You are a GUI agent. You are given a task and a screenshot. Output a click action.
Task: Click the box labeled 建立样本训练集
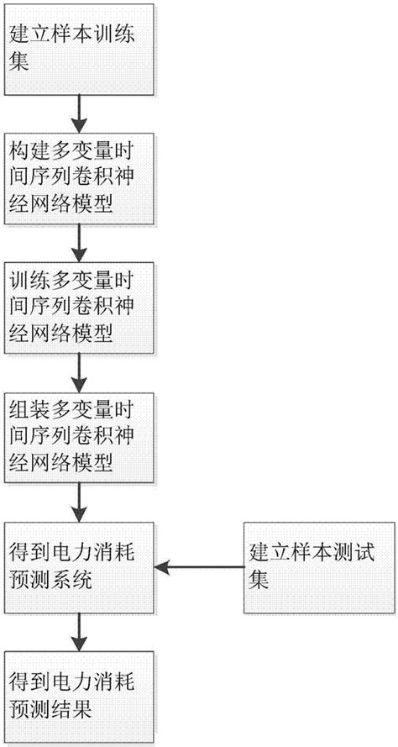pos(79,50)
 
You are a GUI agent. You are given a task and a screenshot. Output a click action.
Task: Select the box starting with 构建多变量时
pos(79,178)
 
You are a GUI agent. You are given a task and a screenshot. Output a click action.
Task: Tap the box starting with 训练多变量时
pos(79,307)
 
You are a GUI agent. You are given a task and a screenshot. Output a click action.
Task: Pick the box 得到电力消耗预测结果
pos(79,696)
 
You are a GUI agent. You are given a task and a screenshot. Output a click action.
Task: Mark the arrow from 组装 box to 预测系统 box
pos(79,502)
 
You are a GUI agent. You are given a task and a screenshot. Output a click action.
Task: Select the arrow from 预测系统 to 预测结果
pos(79,632)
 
